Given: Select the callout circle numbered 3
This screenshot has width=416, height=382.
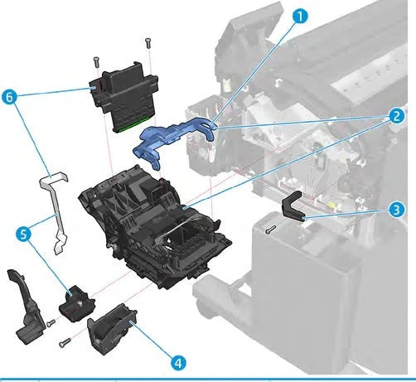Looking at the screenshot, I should pyautogui.click(x=398, y=210).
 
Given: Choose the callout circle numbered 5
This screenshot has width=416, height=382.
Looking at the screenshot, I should pyautogui.click(x=25, y=235).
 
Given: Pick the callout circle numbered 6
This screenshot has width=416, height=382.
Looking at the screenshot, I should pyautogui.click(x=11, y=97).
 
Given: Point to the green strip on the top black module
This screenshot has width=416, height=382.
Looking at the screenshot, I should pyautogui.click(x=127, y=126).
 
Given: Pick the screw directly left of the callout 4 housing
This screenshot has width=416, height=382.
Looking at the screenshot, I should pyautogui.click(x=65, y=340).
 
